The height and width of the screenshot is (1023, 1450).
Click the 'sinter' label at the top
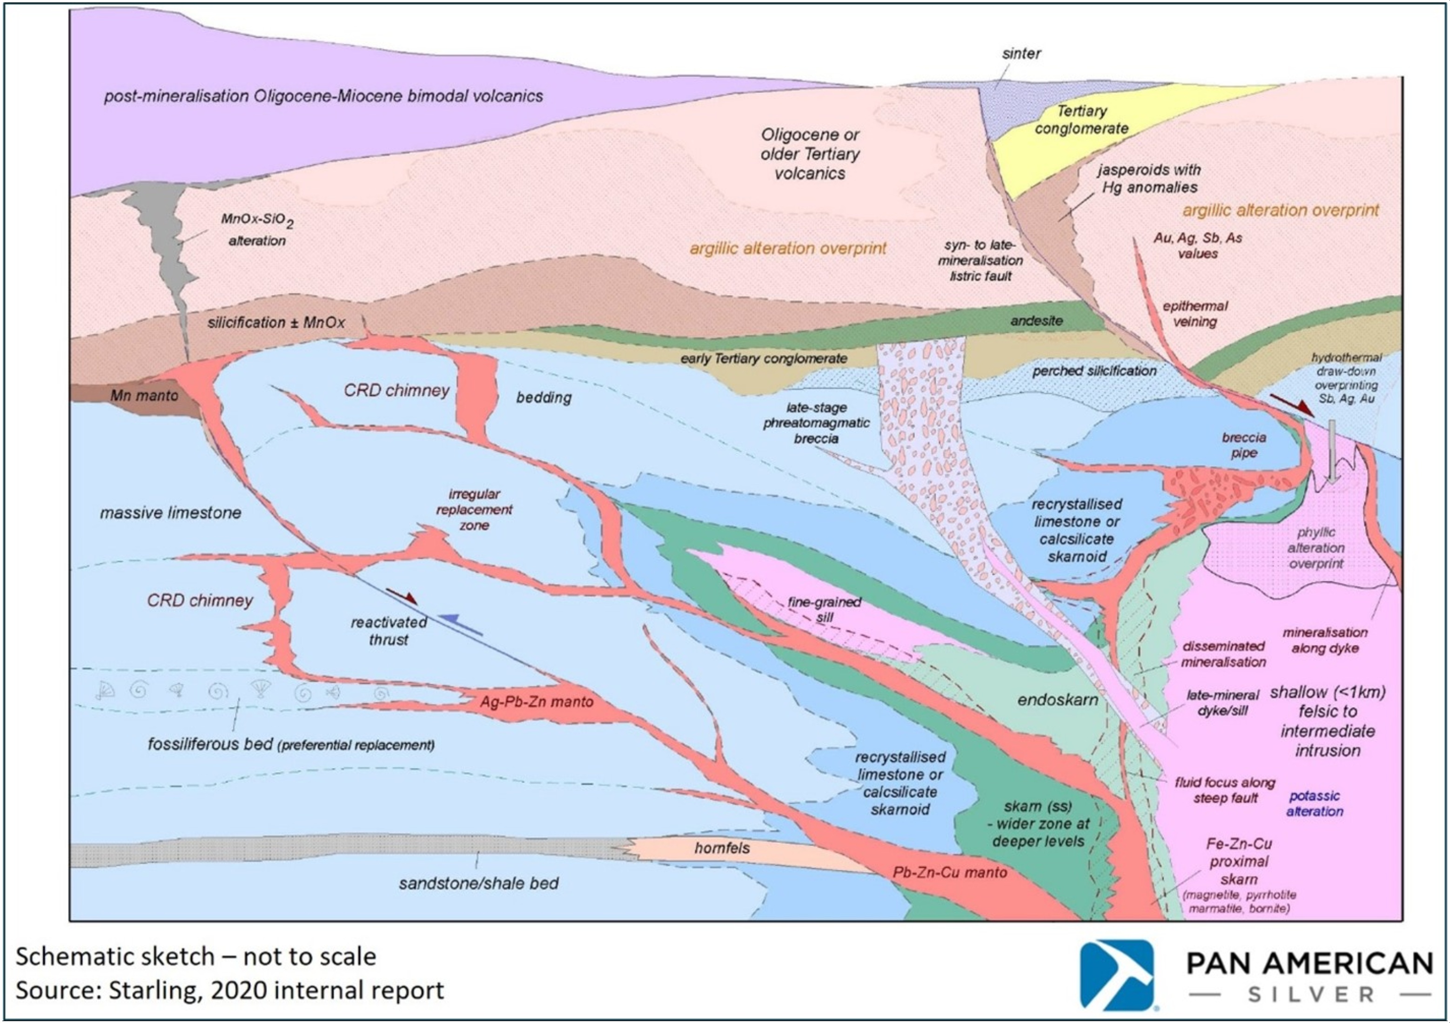(x=1021, y=54)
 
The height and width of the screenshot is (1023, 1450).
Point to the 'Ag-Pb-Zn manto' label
(x=536, y=701)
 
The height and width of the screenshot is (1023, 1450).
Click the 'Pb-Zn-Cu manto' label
(x=950, y=872)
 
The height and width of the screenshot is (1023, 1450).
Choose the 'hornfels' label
(x=722, y=848)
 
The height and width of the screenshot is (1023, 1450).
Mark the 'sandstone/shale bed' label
(x=479, y=883)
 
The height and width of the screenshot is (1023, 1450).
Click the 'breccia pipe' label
(x=1243, y=445)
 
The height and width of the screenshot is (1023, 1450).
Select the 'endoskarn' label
(x=1058, y=700)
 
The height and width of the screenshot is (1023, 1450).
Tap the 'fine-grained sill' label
(x=824, y=609)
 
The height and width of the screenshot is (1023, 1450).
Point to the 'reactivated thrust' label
(x=389, y=631)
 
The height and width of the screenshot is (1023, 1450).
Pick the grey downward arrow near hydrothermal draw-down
(x=1332, y=451)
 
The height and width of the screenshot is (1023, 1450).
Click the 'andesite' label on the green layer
(x=1036, y=321)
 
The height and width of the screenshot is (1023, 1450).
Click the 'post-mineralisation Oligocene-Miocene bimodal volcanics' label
(x=323, y=96)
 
